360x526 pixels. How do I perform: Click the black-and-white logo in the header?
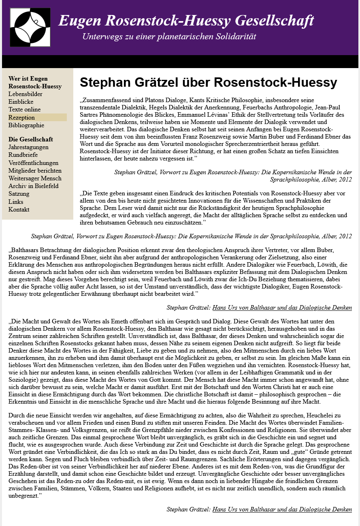30,27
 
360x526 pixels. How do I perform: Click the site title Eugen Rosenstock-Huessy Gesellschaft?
186,20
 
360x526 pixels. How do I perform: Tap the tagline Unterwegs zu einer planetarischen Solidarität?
169,36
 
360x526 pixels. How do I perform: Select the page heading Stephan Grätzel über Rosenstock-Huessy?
208,82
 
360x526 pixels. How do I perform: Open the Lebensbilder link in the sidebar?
25,94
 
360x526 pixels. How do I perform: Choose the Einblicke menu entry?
21,102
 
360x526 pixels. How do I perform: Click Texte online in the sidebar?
24,109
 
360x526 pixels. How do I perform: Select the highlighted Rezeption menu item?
21,118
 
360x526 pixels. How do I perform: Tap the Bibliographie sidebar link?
26,125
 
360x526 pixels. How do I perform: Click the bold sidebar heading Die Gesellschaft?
31,139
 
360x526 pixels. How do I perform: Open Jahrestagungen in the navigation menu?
28,147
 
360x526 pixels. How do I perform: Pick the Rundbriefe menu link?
23,155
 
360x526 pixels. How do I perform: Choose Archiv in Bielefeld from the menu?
33,186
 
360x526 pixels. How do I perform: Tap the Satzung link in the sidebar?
19,194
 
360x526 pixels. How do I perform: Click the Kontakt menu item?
19,210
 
